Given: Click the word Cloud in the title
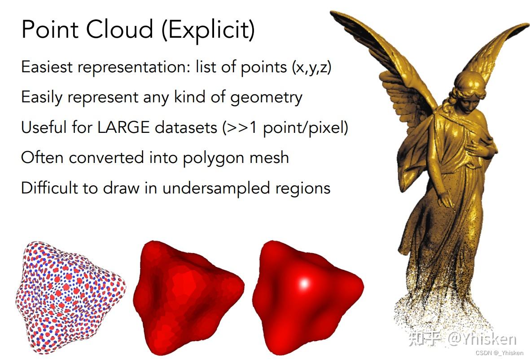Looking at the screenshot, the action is pos(120,29).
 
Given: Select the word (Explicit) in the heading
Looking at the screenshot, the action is pos(208,31).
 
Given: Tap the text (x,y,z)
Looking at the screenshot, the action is pos(311,67).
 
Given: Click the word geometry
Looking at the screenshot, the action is pos(267,98).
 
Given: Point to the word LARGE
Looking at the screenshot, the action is pos(123,127).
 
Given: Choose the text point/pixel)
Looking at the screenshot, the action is pos(305,128).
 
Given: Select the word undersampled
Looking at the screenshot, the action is pos(216,189).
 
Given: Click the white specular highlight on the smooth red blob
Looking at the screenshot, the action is pos(304,283).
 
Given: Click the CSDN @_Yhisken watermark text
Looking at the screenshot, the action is pos(499,353).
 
